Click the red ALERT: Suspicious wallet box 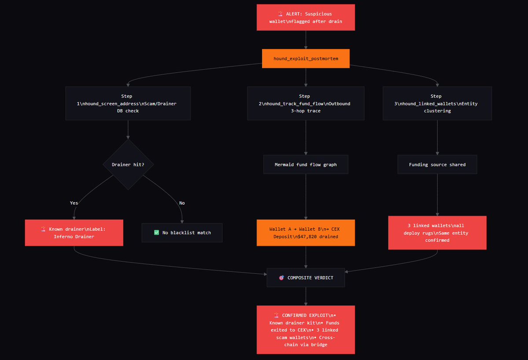306,18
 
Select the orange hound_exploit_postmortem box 306,59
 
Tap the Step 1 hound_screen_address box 128,104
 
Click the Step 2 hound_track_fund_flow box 306,104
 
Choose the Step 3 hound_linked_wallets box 437,104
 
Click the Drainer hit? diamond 128,164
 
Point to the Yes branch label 74,203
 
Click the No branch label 182,203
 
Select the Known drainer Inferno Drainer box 74,233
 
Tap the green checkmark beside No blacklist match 156,233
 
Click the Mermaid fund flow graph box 306,164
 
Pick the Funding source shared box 437,164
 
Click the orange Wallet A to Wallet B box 306,233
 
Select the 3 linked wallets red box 437,233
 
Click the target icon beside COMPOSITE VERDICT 281,278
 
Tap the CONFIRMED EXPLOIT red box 306,330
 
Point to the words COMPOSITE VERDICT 310,278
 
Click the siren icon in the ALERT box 280,14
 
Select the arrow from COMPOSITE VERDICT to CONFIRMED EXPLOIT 306,296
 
